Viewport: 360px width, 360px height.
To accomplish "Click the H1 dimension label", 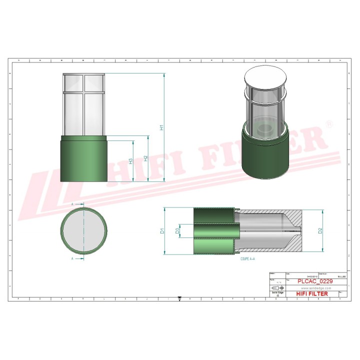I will point(161,127).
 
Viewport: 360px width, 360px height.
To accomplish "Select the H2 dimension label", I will point(145,158).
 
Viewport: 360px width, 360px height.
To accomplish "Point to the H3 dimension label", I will point(130,161).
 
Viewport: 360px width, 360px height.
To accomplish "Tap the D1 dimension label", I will point(161,231).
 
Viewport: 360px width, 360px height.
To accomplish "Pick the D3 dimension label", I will point(177,231).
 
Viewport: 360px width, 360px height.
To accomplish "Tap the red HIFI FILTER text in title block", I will point(312,294).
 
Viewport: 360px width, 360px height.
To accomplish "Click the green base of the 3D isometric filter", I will point(265,155).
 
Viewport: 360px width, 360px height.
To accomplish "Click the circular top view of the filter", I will point(83,231).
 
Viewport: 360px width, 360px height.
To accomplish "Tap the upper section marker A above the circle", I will point(73,204).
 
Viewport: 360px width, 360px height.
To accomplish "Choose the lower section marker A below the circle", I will point(73,258).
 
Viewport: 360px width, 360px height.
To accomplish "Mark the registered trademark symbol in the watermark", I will point(328,123).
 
